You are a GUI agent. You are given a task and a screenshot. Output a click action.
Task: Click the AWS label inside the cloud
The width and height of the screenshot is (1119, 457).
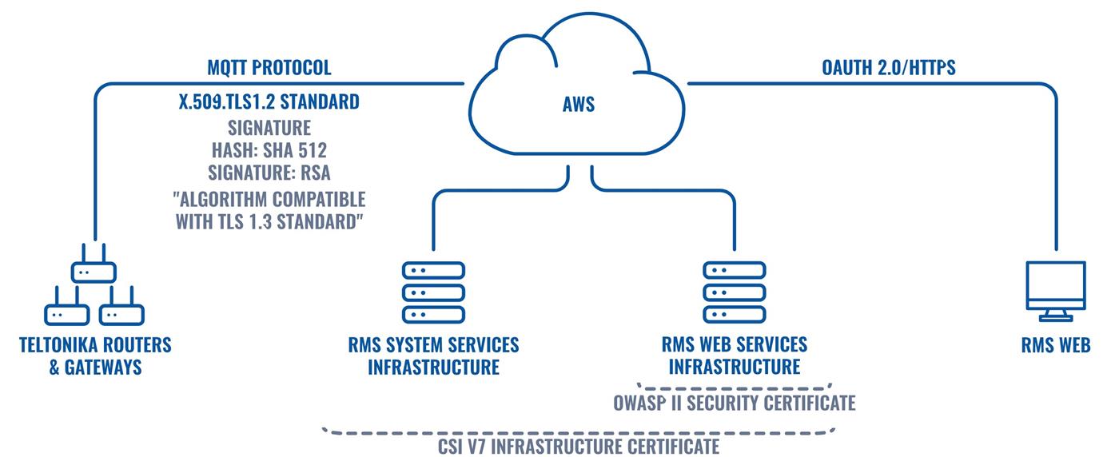click(578, 105)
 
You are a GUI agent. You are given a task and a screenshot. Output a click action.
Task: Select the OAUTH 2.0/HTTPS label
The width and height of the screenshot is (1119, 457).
click(888, 68)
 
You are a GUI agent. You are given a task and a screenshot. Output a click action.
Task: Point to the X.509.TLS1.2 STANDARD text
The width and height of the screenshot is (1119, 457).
click(269, 103)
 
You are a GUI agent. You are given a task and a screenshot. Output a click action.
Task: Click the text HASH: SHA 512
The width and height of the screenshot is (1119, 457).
click(269, 151)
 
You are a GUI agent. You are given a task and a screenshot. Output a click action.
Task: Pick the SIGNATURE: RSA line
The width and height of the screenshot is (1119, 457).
click(269, 173)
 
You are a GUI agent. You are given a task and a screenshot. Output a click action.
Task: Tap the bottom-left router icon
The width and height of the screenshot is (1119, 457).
click(64, 314)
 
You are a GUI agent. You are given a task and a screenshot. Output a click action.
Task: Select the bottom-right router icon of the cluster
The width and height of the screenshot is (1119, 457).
click(121, 314)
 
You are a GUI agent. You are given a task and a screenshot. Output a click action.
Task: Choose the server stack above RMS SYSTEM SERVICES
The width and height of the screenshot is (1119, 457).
click(432, 292)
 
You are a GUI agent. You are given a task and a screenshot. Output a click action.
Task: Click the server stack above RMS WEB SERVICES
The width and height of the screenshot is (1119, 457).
click(733, 292)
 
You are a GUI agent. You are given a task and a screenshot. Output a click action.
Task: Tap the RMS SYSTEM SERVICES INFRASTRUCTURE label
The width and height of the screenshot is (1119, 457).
click(432, 356)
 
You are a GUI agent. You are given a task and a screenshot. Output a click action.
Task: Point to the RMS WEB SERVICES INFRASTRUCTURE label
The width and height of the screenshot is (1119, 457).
click(735, 356)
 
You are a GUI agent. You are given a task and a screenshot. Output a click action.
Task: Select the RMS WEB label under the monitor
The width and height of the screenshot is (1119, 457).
click(1055, 346)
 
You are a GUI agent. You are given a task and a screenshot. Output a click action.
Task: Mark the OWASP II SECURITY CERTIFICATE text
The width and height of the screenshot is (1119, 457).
click(735, 403)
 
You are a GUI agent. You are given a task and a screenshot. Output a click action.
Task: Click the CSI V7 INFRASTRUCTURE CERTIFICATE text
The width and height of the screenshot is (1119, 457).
click(579, 446)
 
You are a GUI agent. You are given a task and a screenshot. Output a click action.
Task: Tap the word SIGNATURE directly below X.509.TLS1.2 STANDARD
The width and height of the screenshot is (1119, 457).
click(269, 129)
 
